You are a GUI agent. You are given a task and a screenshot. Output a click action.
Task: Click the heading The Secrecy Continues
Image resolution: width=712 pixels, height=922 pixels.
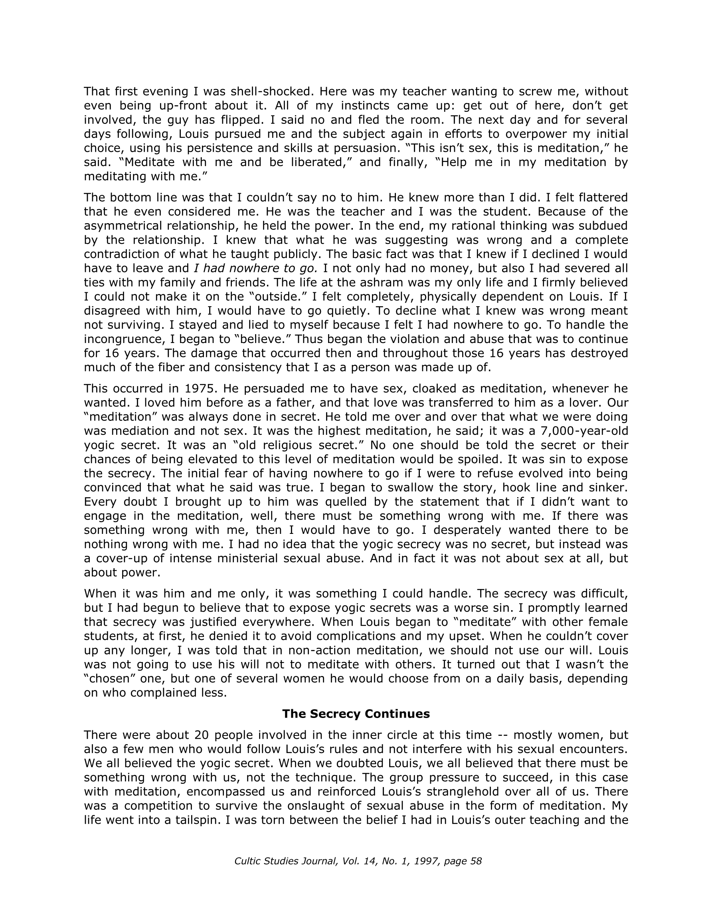pos(356,714)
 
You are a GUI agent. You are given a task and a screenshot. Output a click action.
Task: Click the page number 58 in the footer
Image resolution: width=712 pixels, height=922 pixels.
pos(476,861)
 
